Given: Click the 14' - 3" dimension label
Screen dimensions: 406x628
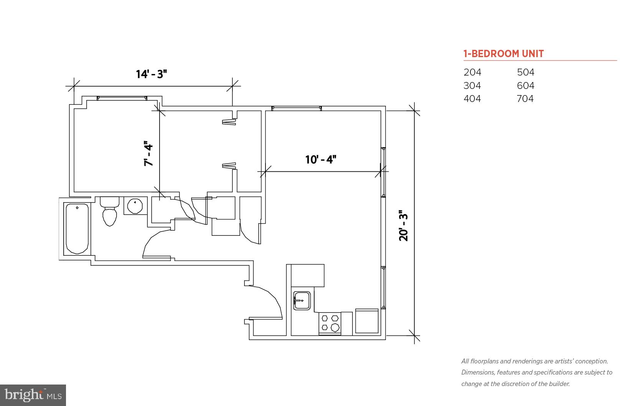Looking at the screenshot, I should pyautogui.click(x=152, y=74).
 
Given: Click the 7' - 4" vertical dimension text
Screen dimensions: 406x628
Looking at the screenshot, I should pyautogui.click(x=148, y=153).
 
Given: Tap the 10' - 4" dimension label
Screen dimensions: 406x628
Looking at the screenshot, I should pyautogui.click(x=321, y=159).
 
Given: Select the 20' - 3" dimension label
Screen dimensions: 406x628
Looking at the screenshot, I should pyautogui.click(x=404, y=225).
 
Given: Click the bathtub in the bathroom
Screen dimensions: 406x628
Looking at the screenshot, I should pyautogui.click(x=77, y=228).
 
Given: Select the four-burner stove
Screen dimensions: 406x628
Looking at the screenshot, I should pyautogui.click(x=330, y=323).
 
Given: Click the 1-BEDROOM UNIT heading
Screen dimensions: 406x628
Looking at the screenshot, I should pyautogui.click(x=503, y=54).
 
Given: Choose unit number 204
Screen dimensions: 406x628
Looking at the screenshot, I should pyautogui.click(x=472, y=72).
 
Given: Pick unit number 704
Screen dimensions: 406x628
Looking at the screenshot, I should pyautogui.click(x=525, y=99).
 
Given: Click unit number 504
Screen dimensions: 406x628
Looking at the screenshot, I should pyautogui.click(x=526, y=72).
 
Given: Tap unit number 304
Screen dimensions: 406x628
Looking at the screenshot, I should pyautogui.click(x=472, y=85).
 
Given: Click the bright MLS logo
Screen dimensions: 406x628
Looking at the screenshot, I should pyautogui.click(x=33, y=395).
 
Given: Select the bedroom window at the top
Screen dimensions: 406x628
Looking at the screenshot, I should pyautogui.click(x=122, y=98).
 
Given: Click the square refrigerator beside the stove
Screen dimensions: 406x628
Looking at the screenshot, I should pyautogui.click(x=367, y=321).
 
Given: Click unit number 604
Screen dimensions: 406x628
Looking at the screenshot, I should pyautogui.click(x=526, y=85).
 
